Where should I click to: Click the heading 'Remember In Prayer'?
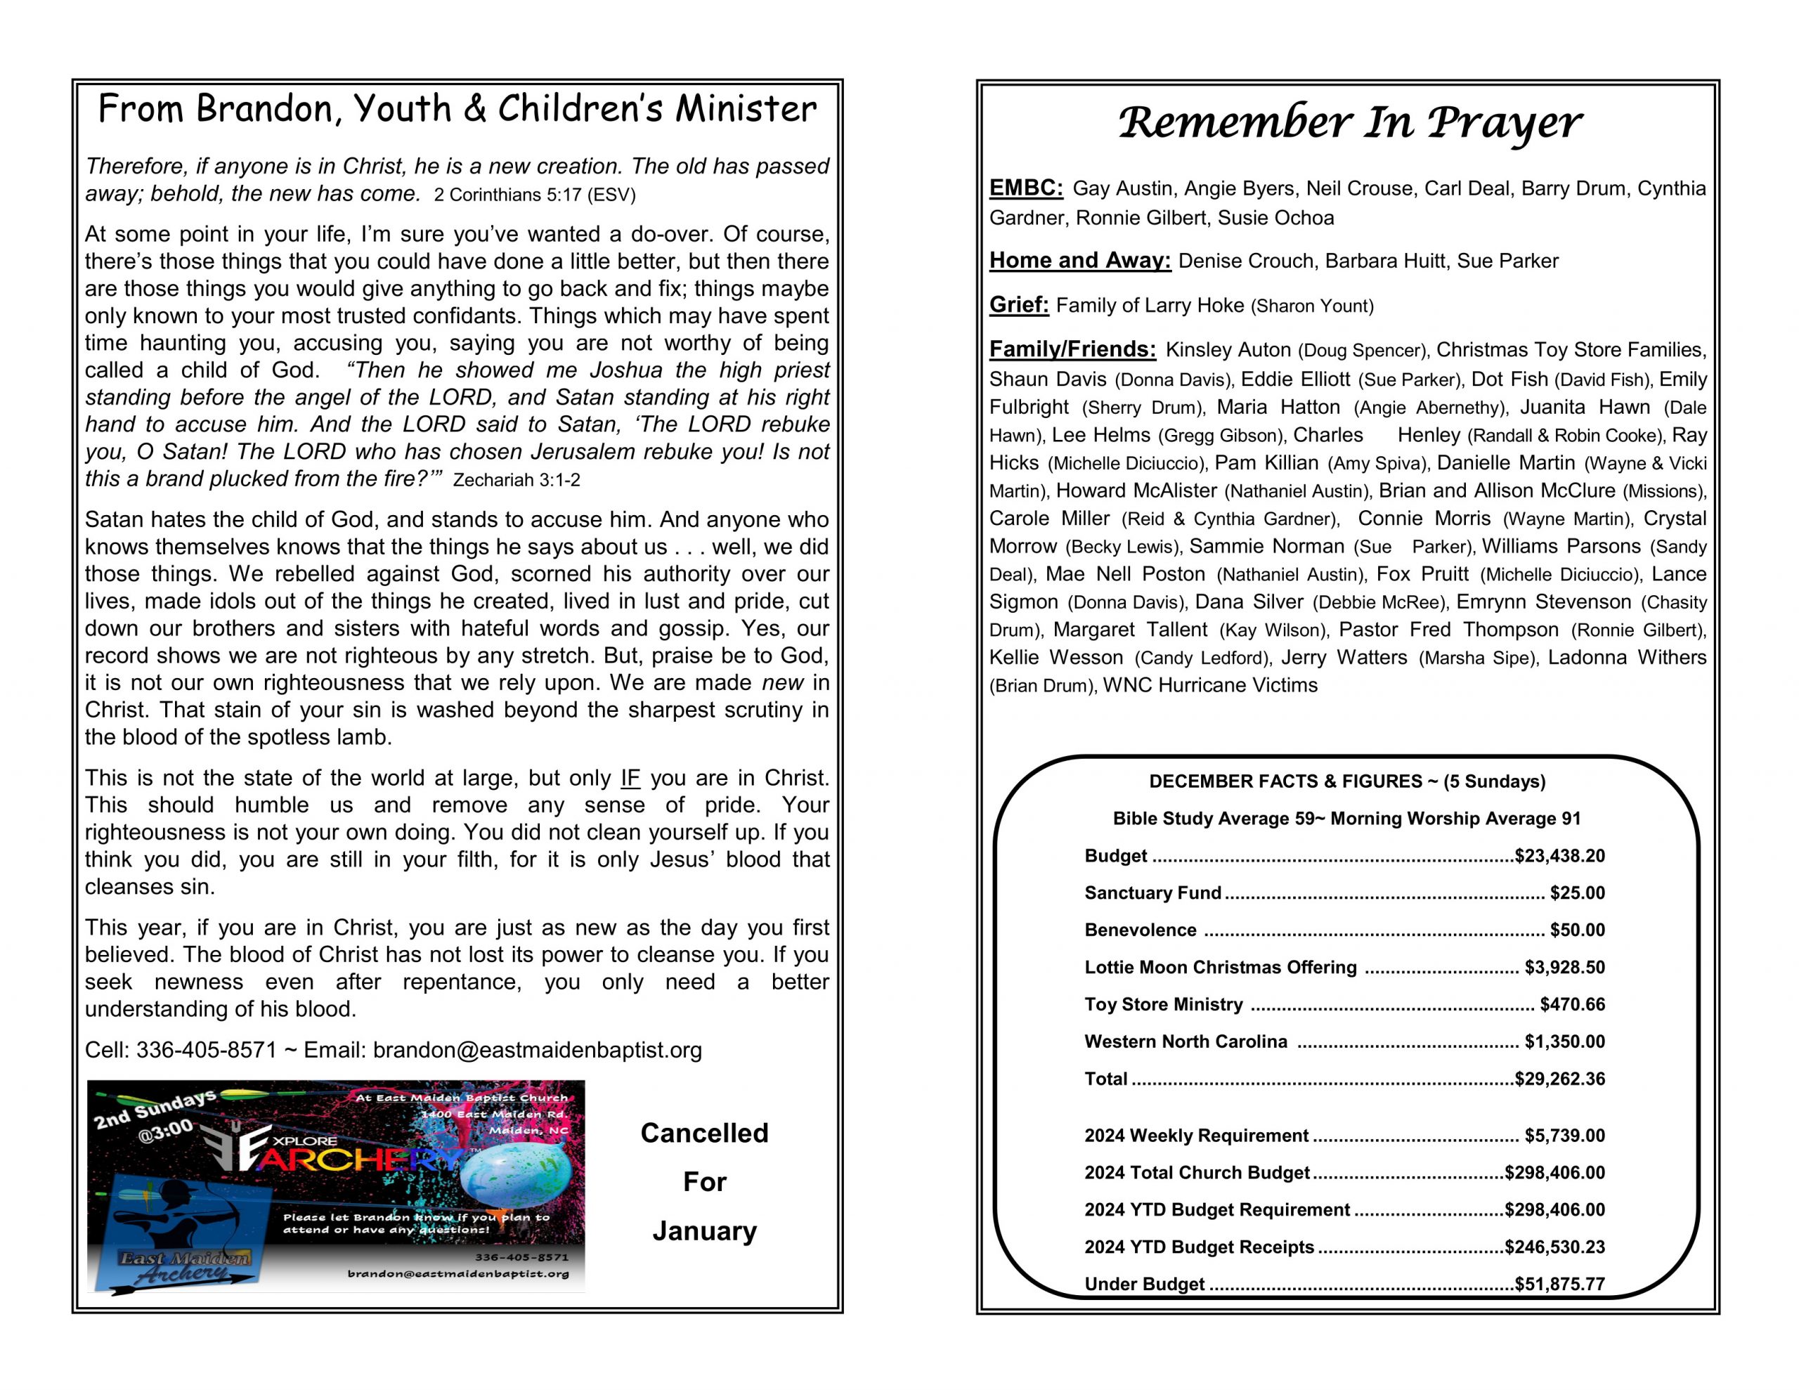tap(1349, 124)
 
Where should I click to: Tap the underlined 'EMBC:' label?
tap(1025, 188)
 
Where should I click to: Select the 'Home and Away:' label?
tap(1079, 261)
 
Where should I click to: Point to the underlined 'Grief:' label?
tap(1018, 305)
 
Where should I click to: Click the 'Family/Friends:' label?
tap(1072, 349)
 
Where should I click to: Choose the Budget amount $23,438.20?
tap(1559, 856)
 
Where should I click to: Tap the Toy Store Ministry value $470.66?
tap(1571, 1004)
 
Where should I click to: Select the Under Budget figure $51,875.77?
tap(1559, 1284)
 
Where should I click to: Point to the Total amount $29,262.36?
tap(1559, 1079)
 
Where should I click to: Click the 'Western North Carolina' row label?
tap(1186, 1041)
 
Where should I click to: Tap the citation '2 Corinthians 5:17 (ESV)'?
tap(535, 195)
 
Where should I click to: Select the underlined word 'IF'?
tap(630, 779)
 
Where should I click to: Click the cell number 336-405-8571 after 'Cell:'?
tap(206, 1051)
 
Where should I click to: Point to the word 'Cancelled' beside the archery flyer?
tap(704, 1133)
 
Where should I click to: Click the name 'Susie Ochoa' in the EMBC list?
tap(1275, 219)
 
